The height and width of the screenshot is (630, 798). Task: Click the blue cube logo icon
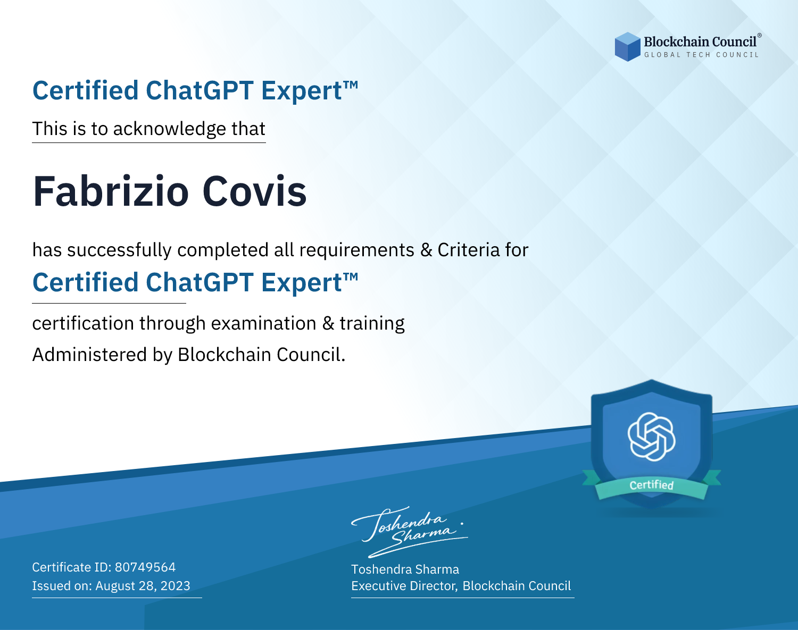pyautogui.click(x=627, y=47)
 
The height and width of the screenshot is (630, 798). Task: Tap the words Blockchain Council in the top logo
pyautogui.click(x=700, y=42)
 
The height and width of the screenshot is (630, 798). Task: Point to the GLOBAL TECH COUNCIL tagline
pyautogui.click(x=702, y=55)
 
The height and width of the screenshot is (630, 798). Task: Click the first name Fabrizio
pyautogui.click(x=111, y=191)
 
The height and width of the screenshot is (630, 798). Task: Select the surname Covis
pyautogui.click(x=254, y=191)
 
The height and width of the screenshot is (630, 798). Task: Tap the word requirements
pyautogui.click(x=357, y=250)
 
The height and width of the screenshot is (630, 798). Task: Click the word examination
pyautogui.click(x=264, y=323)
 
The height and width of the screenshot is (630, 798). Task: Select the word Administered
pyautogui.click(x=89, y=355)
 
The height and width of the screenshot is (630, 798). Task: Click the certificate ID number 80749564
pyautogui.click(x=145, y=567)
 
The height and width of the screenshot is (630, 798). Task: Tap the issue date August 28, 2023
pyautogui.click(x=143, y=586)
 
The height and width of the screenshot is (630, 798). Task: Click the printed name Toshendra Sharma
pyautogui.click(x=405, y=569)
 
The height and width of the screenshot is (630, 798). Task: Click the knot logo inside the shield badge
pyautogui.click(x=652, y=436)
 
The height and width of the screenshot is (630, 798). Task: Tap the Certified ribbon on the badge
pyautogui.click(x=652, y=485)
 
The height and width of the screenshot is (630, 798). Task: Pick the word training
pyautogui.click(x=372, y=323)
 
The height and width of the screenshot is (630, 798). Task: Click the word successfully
pyautogui.click(x=119, y=250)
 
